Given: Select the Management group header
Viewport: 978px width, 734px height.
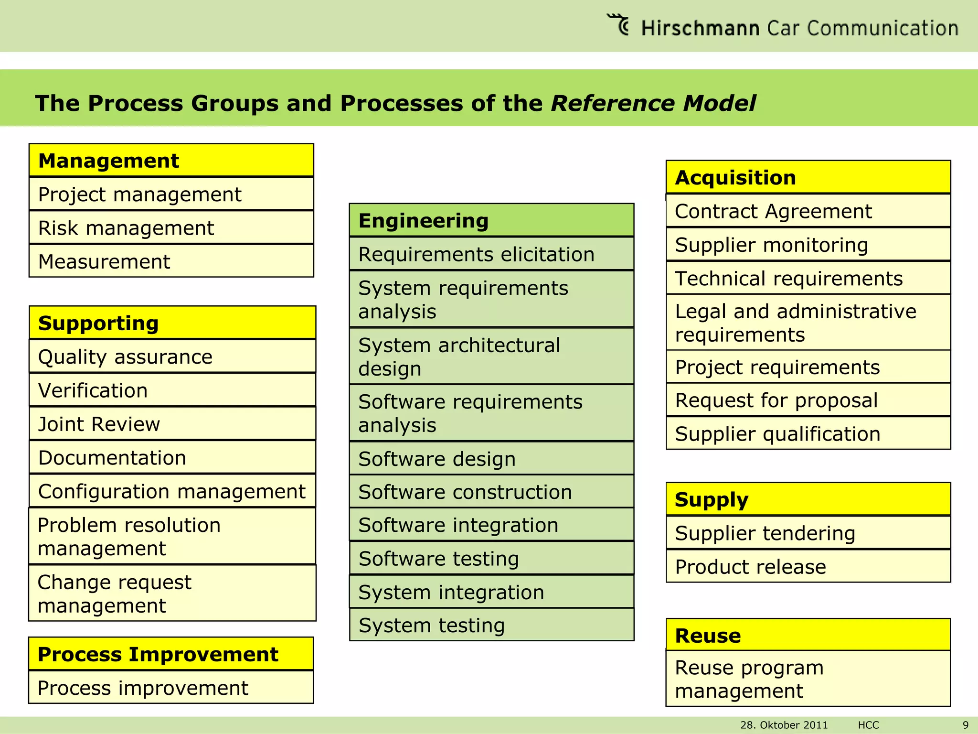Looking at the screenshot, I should coord(171,161).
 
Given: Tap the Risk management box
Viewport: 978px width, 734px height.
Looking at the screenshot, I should coord(171,228).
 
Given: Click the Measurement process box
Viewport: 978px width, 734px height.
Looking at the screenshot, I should coord(171,261).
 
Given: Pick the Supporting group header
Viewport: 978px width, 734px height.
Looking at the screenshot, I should coord(172,323).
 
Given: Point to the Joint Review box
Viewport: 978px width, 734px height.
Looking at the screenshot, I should coord(172,424).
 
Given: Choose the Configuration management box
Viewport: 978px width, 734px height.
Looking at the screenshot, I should coord(172,491).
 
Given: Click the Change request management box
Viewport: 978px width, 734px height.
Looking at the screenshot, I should coord(172,594).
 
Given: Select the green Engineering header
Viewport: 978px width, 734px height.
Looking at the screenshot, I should coord(491,221).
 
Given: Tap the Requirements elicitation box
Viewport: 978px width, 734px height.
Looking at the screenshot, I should coord(491,254).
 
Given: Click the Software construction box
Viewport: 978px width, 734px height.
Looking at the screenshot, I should coord(491,492).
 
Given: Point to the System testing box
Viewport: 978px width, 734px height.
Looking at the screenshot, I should coord(491,625).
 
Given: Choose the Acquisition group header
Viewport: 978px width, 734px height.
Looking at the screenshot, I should coord(808,177).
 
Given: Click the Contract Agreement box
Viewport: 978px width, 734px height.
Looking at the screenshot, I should coord(808,211).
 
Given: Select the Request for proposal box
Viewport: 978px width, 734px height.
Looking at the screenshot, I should coord(808,400).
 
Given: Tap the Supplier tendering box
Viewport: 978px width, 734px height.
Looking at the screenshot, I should coord(808,533).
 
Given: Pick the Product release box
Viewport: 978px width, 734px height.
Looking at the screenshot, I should coord(808,567).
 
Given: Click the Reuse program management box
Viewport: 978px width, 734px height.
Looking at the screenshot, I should coord(808,679).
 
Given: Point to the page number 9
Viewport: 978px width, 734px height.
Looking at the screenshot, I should coord(965,725).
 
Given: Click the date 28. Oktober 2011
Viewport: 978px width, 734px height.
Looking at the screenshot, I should coord(784,725).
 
